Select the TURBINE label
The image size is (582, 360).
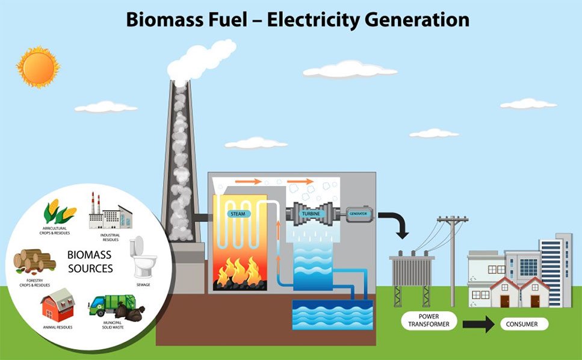(311, 214)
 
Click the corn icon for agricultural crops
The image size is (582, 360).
(60, 212)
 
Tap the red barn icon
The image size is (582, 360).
(57, 305)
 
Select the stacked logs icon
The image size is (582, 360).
(34, 261)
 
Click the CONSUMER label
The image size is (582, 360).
(522, 324)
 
